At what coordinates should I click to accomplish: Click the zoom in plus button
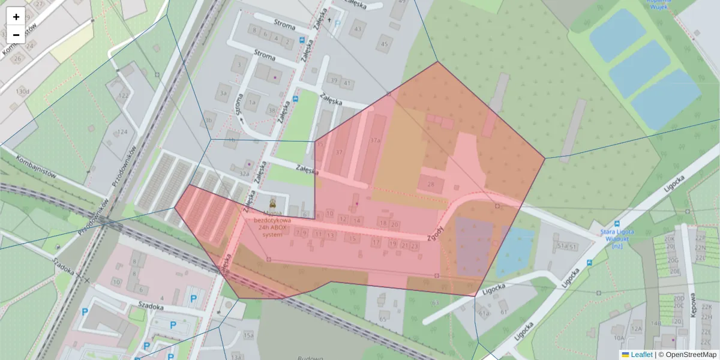(16, 16)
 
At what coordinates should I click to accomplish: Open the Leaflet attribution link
(641, 355)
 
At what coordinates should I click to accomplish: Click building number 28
(431, 184)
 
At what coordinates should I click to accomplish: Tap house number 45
(385, 44)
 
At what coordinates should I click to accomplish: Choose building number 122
(124, 95)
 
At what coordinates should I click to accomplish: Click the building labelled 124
(122, 132)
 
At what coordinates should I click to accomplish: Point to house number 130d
(22, 91)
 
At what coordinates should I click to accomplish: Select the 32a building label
(244, 173)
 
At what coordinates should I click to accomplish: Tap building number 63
(434, 303)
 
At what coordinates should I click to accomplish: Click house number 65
(383, 319)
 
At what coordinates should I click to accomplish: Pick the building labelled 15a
(248, 335)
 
